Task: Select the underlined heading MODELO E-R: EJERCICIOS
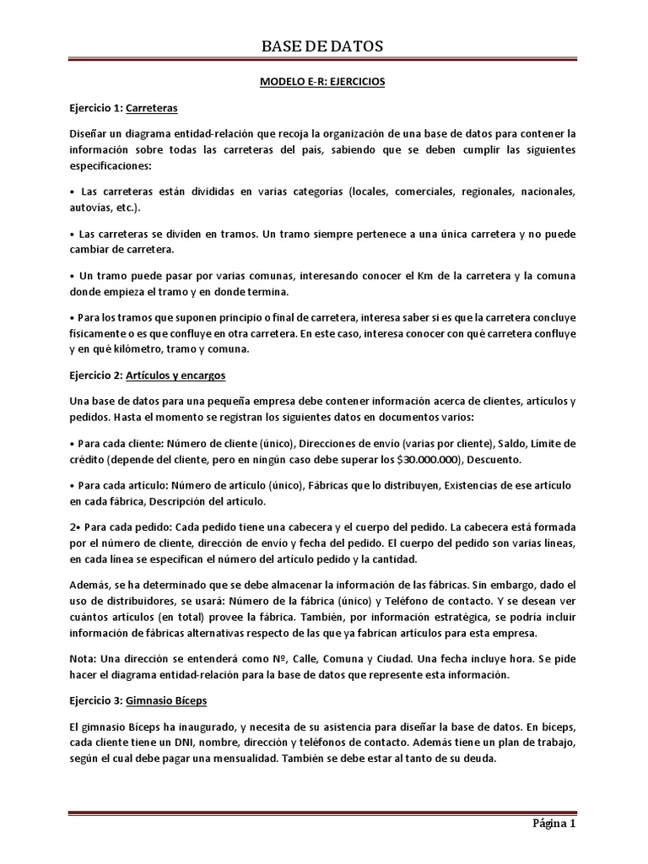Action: pyautogui.click(x=323, y=83)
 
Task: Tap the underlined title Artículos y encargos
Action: pyautogui.click(x=175, y=375)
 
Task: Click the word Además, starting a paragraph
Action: pyautogui.click(x=92, y=584)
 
